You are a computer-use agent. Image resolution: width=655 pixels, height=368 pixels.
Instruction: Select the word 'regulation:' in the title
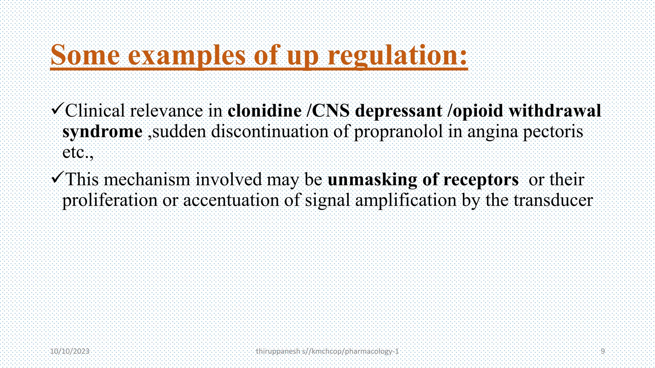point(398,56)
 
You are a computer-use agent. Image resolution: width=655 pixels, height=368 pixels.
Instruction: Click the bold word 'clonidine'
point(264,111)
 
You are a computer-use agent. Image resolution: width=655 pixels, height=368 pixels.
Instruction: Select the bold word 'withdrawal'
point(555,111)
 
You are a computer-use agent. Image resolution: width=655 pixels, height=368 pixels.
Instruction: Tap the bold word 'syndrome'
point(102,132)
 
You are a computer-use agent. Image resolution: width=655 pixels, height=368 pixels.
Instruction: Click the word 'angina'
point(493,132)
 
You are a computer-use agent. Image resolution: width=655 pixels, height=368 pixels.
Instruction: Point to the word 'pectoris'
point(553,132)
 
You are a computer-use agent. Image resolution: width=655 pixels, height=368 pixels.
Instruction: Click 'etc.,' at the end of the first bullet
point(78,152)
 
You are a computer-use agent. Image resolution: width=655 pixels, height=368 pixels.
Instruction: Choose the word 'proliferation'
point(110,200)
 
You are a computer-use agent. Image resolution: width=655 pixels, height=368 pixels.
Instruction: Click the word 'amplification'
point(406,200)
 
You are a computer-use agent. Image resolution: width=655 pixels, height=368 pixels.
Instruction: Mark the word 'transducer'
point(553,200)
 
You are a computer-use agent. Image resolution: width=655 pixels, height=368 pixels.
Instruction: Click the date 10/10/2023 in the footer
point(70,351)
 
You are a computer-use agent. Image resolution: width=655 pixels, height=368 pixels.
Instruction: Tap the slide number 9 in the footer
point(603,351)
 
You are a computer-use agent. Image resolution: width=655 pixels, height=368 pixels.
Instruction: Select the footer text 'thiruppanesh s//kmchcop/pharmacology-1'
point(327,351)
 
